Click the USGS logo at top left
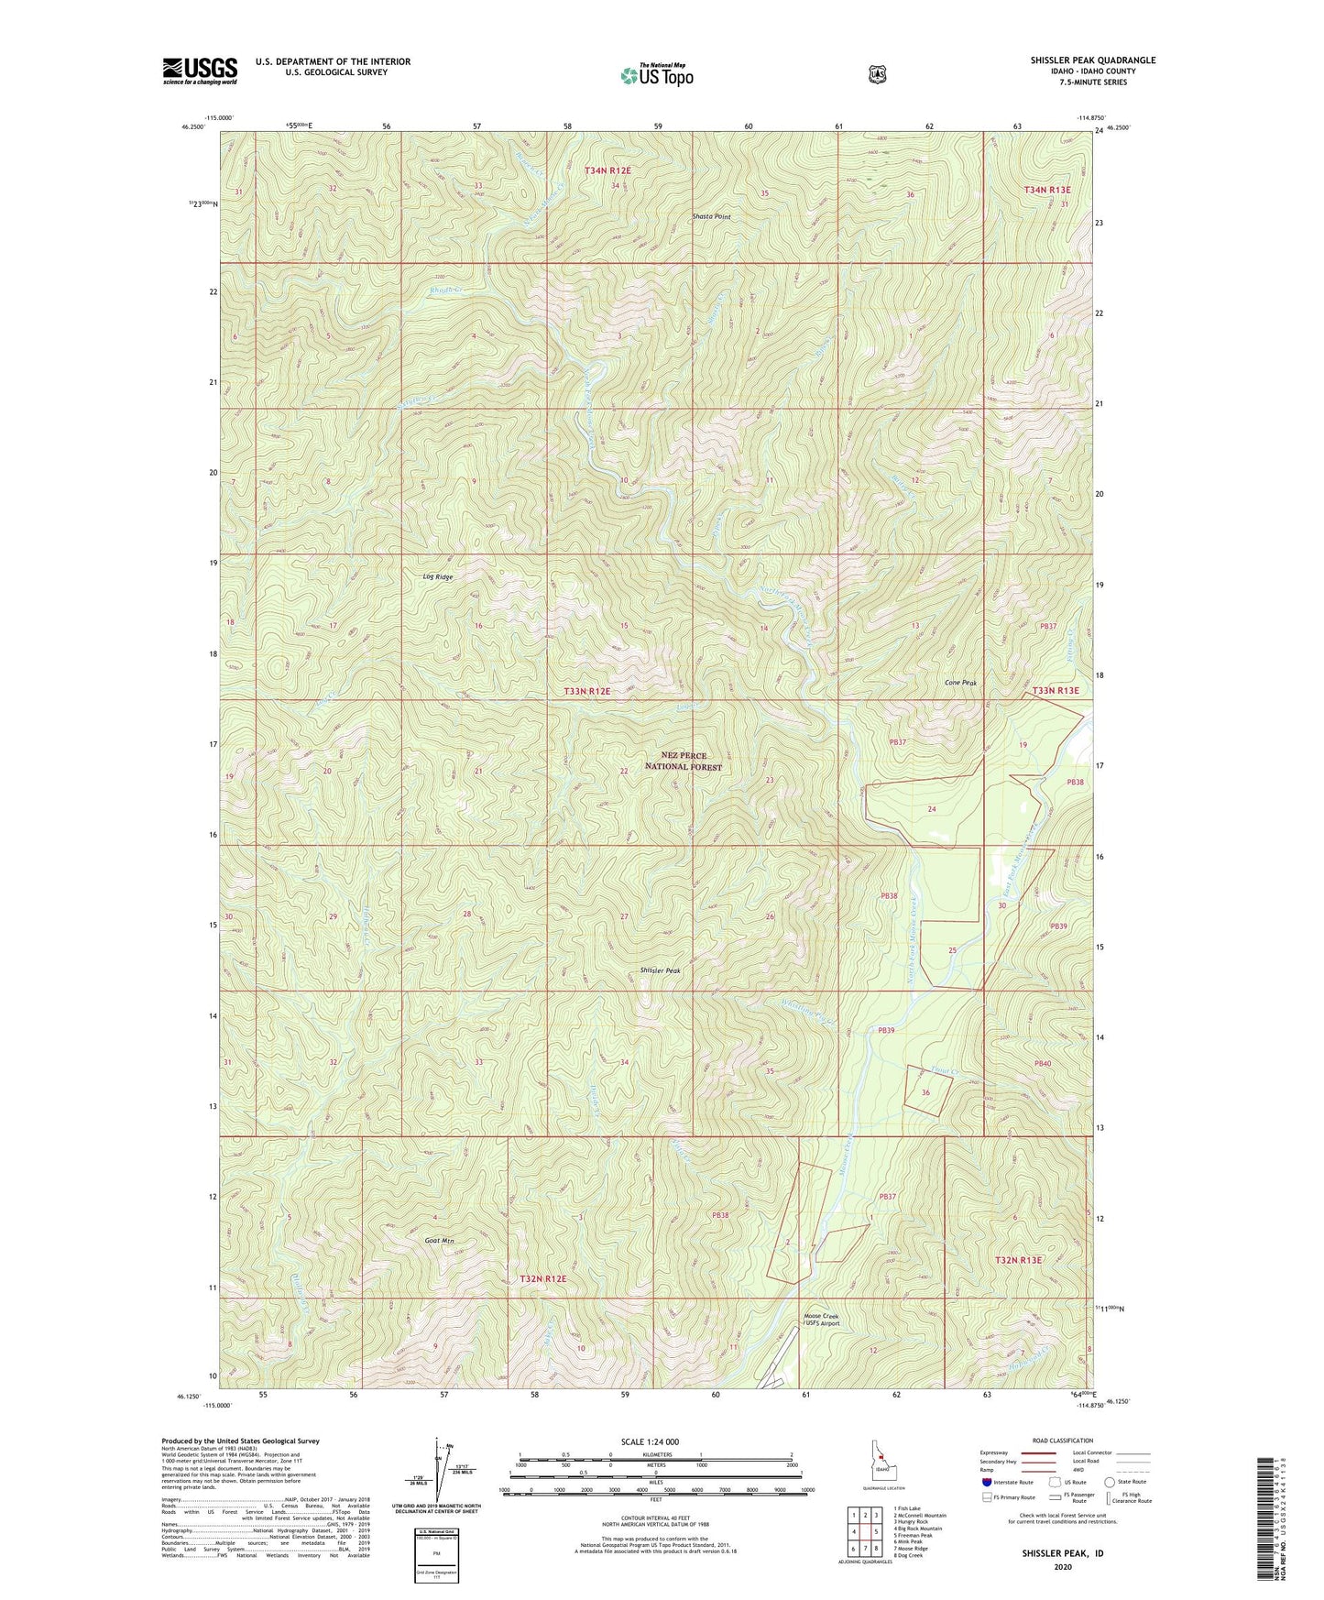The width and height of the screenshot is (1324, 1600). click(x=200, y=71)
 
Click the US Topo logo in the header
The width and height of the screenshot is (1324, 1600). click(x=655, y=75)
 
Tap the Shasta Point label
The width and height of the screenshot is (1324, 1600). click(x=711, y=217)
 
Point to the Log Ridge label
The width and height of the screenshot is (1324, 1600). click(x=438, y=577)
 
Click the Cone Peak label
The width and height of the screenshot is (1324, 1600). click(x=961, y=684)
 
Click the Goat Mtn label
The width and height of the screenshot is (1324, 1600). click(x=440, y=1241)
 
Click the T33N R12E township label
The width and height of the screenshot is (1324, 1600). click(x=586, y=691)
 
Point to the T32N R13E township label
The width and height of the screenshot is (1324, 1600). click(x=1019, y=1260)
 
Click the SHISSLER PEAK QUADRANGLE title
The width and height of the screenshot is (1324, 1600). click(x=1092, y=60)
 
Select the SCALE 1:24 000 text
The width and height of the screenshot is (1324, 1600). click(x=650, y=1441)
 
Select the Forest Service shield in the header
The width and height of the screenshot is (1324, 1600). click(x=877, y=74)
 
